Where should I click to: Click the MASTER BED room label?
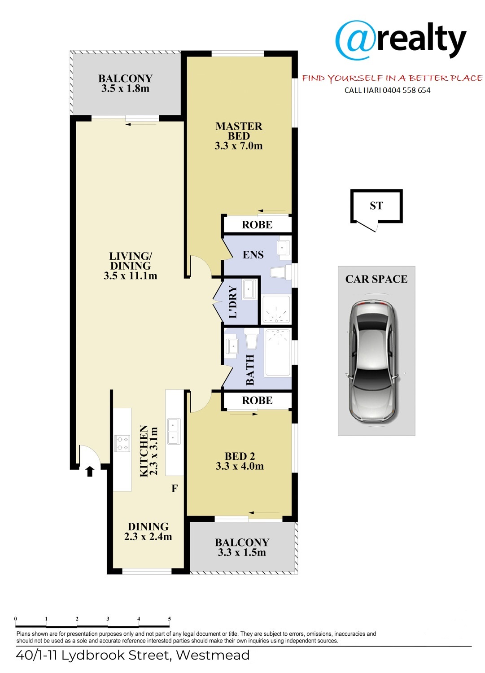click(239, 131)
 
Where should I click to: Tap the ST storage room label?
click(376, 205)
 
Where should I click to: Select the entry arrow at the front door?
click(90, 472)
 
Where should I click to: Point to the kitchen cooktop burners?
click(122, 443)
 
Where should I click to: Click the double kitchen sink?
click(173, 432)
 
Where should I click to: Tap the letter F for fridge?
click(174, 489)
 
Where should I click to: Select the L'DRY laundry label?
click(233, 302)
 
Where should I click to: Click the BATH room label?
click(250, 370)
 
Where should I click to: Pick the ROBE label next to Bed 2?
click(257, 401)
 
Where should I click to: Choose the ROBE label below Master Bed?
click(257, 225)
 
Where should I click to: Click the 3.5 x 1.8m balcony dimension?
click(125, 89)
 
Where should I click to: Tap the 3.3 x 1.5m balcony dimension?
click(242, 552)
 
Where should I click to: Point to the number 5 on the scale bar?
click(170, 619)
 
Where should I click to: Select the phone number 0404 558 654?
click(406, 90)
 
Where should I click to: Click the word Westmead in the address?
click(213, 655)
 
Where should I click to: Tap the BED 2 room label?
click(240, 456)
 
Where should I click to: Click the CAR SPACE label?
click(376, 279)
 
